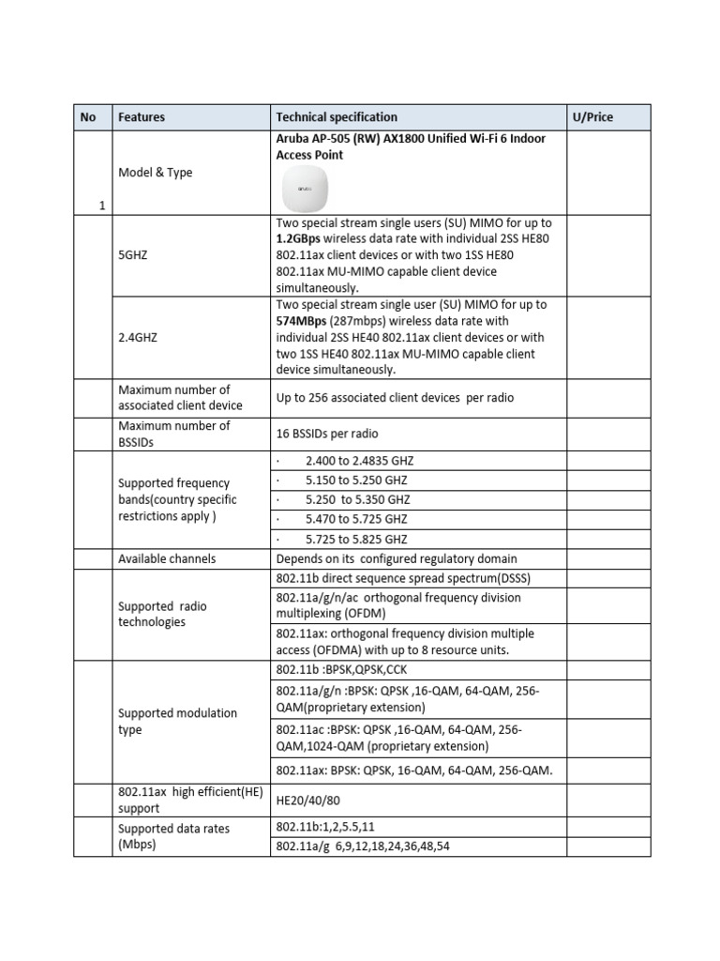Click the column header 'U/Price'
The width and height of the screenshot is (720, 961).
[x=592, y=117]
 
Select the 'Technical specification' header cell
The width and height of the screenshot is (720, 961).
[x=337, y=117]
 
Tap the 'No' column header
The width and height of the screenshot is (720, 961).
[x=88, y=117]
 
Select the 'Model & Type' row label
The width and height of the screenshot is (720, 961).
[x=155, y=173]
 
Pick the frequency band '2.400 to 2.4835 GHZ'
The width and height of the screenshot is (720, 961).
[x=359, y=462]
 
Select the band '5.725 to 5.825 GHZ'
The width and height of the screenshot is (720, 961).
[x=356, y=540]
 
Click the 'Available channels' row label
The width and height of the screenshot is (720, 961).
[x=167, y=558]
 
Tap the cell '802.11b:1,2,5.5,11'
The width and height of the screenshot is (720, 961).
[x=325, y=828]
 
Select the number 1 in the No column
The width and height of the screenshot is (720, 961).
[x=101, y=206]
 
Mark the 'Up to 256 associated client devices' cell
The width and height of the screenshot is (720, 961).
[x=395, y=398]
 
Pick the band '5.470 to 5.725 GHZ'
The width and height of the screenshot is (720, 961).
[x=356, y=520]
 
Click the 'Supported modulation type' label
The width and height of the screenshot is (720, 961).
[x=177, y=721]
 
